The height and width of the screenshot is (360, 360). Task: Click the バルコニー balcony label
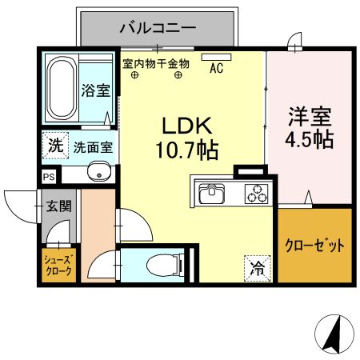(158, 28)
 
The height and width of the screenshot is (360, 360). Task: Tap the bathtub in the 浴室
(60, 88)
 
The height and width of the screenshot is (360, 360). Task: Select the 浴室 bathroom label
(96, 90)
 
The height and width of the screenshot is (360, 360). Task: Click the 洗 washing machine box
(54, 146)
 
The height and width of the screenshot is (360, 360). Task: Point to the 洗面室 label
(93, 147)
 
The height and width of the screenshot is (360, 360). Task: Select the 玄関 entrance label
(59, 206)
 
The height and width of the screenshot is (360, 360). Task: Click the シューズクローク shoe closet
(58, 266)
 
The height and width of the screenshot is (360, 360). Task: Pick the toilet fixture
(164, 263)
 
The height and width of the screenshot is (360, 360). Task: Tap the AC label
(216, 69)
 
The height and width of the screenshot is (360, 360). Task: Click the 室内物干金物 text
(155, 62)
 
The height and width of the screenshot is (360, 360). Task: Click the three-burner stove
(255, 194)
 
